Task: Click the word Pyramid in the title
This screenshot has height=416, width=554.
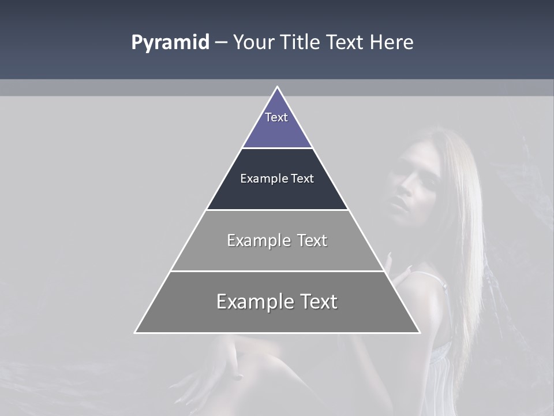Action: click(170, 43)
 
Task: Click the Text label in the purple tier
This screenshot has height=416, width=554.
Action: click(276, 117)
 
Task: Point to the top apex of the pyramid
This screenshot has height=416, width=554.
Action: click(277, 87)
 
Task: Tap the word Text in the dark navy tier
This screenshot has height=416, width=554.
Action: click(302, 179)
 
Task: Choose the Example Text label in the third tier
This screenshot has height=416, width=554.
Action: click(277, 240)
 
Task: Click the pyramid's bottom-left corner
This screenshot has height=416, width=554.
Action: click(136, 332)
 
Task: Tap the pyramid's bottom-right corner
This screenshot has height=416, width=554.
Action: click(419, 332)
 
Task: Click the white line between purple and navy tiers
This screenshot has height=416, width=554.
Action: click(277, 148)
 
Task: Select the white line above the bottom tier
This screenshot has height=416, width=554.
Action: click(277, 271)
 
